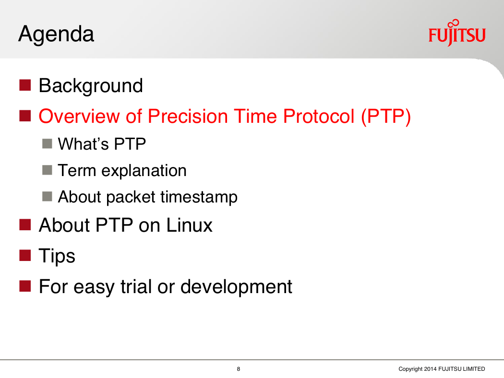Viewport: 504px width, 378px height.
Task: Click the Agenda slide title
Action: pos(56,35)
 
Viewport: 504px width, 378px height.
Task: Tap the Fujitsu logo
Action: pos(457,33)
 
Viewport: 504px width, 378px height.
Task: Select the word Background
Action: pos(91,86)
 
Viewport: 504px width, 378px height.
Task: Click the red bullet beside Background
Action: pos(25,85)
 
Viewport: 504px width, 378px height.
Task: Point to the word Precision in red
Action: pos(188,116)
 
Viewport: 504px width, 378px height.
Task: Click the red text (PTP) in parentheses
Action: pos(386,117)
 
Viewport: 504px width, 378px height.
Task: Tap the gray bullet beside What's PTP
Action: pos(47,143)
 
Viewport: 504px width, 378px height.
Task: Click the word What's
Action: pos(84,143)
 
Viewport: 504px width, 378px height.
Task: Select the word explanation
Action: pos(144,171)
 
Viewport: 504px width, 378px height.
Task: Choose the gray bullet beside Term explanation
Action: pos(47,170)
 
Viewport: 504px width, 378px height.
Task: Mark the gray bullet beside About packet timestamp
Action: pos(47,196)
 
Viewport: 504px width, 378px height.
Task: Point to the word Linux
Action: pos(189,225)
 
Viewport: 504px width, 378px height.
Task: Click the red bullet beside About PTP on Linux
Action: pos(25,225)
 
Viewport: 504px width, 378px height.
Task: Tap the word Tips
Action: pos(57,256)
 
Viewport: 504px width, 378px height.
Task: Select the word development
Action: pos(236,287)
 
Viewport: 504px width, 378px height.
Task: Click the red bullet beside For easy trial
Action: pos(25,286)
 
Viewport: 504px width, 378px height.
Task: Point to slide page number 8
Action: pos(239,369)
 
